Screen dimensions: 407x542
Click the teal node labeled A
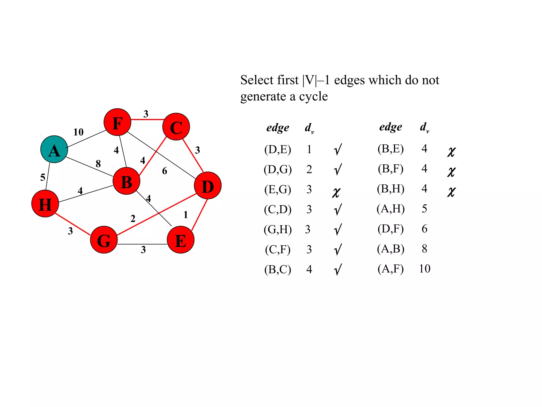[54, 149]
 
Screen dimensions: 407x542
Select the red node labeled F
[117, 122]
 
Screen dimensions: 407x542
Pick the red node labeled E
[180, 240]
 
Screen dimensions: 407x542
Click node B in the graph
[126, 181]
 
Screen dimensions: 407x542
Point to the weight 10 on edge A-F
[78, 132]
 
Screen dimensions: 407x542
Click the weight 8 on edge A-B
[98, 164]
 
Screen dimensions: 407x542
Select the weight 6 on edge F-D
[165, 171]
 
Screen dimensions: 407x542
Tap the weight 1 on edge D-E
[186, 215]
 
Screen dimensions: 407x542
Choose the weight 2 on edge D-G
[133, 219]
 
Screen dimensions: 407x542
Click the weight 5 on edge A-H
[43, 177]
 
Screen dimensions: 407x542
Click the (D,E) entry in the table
[278, 149]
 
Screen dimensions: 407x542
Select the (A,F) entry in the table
[391, 269]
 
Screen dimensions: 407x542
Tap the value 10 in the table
[424, 269]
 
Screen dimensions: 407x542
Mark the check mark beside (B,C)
[338, 269]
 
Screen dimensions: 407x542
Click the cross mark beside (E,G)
[336, 192]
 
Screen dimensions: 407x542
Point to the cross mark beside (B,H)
[451, 191]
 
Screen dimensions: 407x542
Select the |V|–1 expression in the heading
[316, 80]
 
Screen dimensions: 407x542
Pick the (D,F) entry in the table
[391, 229]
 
